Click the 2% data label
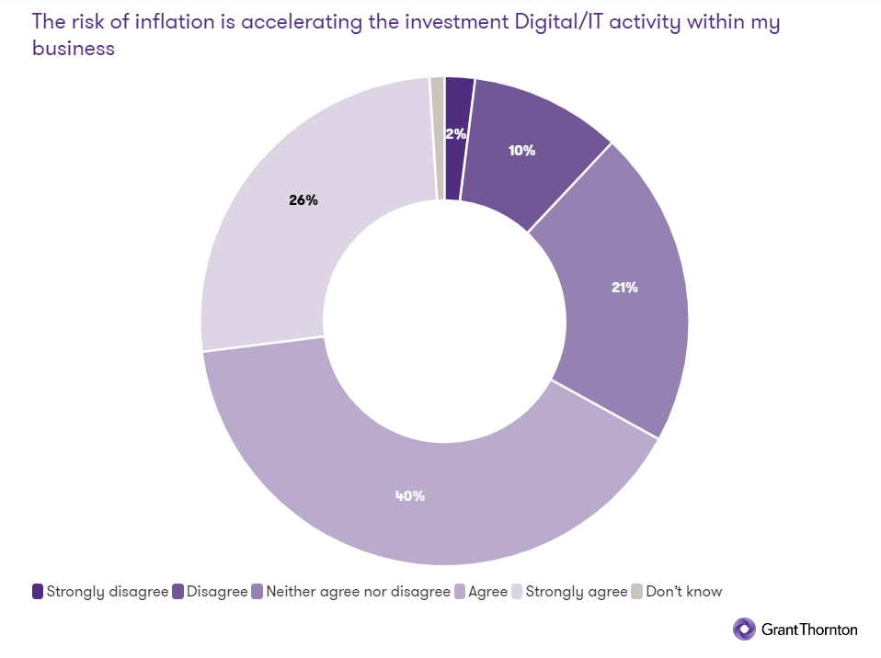(455, 133)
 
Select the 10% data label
(521, 150)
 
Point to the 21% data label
(624, 287)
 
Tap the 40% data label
(409, 495)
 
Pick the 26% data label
(303, 200)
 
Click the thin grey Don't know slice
(437, 138)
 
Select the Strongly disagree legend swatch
(38, 592)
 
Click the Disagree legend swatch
(178, 592)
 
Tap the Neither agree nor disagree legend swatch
(257, 592)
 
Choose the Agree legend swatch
(460, 592)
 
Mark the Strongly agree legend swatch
(516, 592)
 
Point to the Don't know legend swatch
(637, 592)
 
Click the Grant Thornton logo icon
(744, 629)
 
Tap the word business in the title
(74, 49)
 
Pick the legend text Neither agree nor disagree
(358, 592)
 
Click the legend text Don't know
(684, 592)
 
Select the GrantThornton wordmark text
(809, 630)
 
